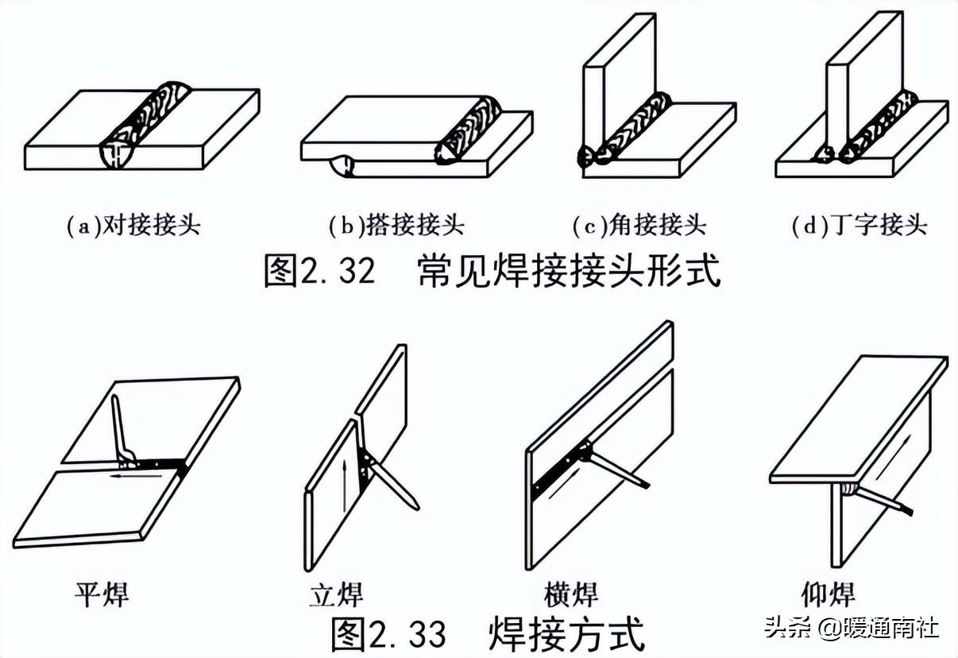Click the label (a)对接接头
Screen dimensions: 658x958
coord(133,226)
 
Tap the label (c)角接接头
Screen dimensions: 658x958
coord(639,226)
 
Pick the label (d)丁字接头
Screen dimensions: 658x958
coord(859,226)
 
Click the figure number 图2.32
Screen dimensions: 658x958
coord(319,272)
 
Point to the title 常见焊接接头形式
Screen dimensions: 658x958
coord(569,272)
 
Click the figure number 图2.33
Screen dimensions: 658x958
coord(388,633)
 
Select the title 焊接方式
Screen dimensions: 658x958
coord(567,633)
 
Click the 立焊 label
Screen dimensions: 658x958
coord(336,594)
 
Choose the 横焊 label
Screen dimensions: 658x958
coord(571,594)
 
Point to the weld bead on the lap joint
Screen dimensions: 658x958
coord(469,131)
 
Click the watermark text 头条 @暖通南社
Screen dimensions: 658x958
coord(852,628)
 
